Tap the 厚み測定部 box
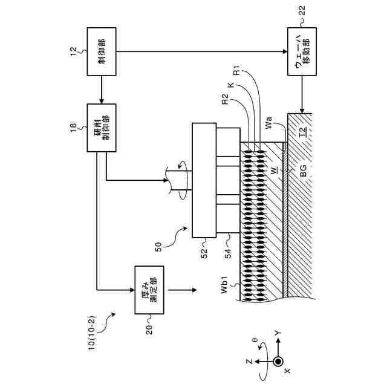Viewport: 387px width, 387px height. [151, 290]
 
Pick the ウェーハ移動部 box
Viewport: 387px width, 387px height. [302, 51]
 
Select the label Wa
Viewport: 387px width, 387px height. [268, 126]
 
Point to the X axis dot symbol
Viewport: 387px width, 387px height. [278, 362]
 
